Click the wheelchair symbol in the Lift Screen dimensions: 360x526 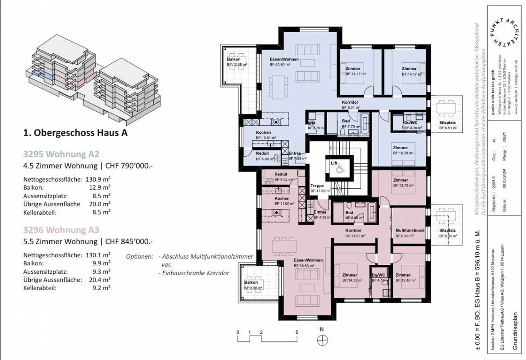[339, 168]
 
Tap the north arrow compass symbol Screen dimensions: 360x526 [322, 341]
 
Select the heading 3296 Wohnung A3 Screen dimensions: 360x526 [61, 230]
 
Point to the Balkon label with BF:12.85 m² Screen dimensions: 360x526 [234, 59]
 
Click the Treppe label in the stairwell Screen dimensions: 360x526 [317, 186]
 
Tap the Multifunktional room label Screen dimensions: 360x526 [410, 230]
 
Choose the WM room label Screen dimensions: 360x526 [312, 123]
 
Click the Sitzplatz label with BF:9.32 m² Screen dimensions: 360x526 [447, 230]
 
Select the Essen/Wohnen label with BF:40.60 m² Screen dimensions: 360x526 [284, 59]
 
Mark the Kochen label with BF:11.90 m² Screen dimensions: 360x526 [282, 199]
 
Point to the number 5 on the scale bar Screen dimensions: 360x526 [297, 332]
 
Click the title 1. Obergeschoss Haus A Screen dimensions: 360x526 [75, 133]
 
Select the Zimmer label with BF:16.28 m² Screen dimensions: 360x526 [400, 148]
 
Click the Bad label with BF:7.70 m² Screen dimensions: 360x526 [346, 121]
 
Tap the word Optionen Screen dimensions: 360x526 [140, 256]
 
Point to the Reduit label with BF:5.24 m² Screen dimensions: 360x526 [281, 175]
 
